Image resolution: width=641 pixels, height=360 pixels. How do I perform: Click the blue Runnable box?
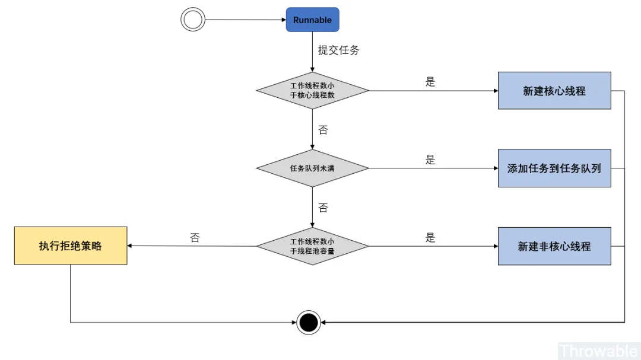(x=312, y=20)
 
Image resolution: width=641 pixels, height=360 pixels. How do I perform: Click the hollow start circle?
(x=192, y=20)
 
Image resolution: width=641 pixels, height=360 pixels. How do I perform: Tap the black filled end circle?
(x=309, y=323)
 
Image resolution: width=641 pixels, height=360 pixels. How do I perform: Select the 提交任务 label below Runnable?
(x=338, y=50)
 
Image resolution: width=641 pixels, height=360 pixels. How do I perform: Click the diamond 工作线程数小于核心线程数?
(x=312, y=91)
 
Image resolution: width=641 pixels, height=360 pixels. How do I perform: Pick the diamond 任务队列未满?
(x=312, y=168)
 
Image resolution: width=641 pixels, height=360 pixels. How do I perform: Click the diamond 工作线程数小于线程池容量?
(x=312, y=246)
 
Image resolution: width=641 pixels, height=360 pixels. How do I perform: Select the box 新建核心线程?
(x=554, y=91)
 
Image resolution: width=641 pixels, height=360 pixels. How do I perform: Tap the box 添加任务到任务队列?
(x=554, y=168)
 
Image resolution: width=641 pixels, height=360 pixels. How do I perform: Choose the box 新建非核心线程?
(x=554, y=246)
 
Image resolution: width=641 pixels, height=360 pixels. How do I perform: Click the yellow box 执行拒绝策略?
(x=71, y=246)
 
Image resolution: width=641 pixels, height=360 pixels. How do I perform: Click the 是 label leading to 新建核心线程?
(x=430, y=82)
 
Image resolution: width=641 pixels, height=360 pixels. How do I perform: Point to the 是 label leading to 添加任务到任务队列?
(x=430, y=160)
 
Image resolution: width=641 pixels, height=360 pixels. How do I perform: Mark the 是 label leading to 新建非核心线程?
(x=430, y=238)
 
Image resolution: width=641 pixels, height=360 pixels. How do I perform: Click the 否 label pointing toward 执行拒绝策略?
(x=195, y=238)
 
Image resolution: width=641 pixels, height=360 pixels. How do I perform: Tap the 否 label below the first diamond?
(x=323, y=130)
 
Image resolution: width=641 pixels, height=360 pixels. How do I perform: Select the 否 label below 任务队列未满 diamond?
(x=323, y=208)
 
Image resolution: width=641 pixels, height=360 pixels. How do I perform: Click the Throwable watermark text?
(x=598, y=351)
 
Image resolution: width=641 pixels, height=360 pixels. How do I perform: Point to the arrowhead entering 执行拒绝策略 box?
(x=131, y=246)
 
